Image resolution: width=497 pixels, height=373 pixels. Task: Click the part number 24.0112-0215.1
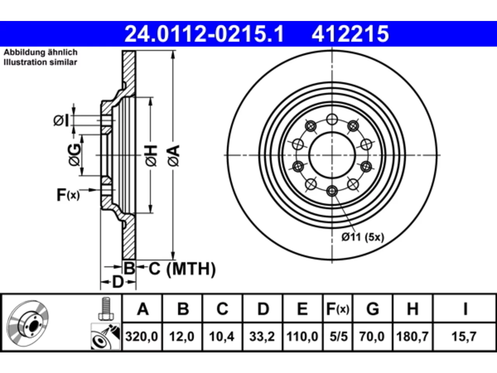pyautogui.click(x=204, y=34)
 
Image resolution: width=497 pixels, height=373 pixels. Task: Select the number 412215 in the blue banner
pyautogui.click(x=350, y=34)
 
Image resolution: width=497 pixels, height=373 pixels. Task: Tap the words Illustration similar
pyautogui.click(x=40, y=62)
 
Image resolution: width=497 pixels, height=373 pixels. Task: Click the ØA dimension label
pyautogui.click(x=174, y=155)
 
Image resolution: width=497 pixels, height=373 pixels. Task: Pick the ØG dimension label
pyautogui.click(x=74, y=155)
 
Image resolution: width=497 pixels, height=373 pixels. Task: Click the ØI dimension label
pyautogui.click(x=61, y=120)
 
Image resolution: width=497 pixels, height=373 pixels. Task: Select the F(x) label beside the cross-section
pyautogui.click(x=68, y=195)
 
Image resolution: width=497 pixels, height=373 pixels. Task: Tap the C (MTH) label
pyautogui.click(x=182, y=269)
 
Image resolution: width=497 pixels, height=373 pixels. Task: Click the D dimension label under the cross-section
pyautogui.click(x=118, y=282)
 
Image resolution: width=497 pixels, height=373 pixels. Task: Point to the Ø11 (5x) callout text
pyautogui.click(x=363, y=237)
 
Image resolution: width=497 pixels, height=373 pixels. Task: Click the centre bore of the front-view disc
pyautogui.click(x=332, y=155)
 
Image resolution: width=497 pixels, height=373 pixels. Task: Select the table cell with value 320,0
pyautogui.click(x=142, y=336)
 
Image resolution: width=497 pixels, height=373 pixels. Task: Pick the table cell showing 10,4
pyautogui.click(x=222, y=336)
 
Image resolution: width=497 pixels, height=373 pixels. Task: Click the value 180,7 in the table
pyautogui.click(x=412, y=336)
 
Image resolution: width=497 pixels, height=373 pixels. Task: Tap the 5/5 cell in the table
pyautogui.click(x=339, y=336)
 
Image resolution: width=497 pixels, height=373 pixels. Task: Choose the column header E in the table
pyautogui.click(x=302, y=309)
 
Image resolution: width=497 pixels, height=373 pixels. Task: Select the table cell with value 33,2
pyautogui.click(x=262, y=336)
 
